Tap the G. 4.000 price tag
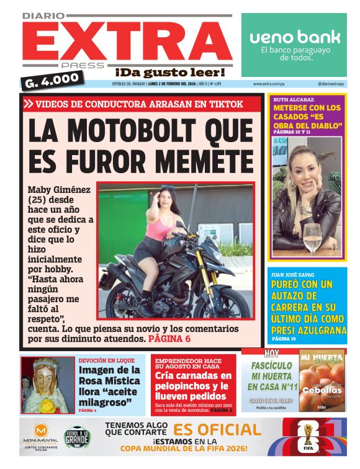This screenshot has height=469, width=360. (x=54, y=79)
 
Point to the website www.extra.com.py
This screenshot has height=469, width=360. (x=269, y=84)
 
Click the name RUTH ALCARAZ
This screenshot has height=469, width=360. (x=290, y=99)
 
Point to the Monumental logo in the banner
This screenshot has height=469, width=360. (x=42, y=435)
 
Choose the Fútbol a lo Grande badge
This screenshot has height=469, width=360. (x=78, y=435)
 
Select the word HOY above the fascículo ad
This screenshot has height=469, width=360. (x=271, y=354)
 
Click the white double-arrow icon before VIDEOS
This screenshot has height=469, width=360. (x=29, y=104)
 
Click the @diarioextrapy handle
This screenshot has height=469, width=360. (x=331, y=84)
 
